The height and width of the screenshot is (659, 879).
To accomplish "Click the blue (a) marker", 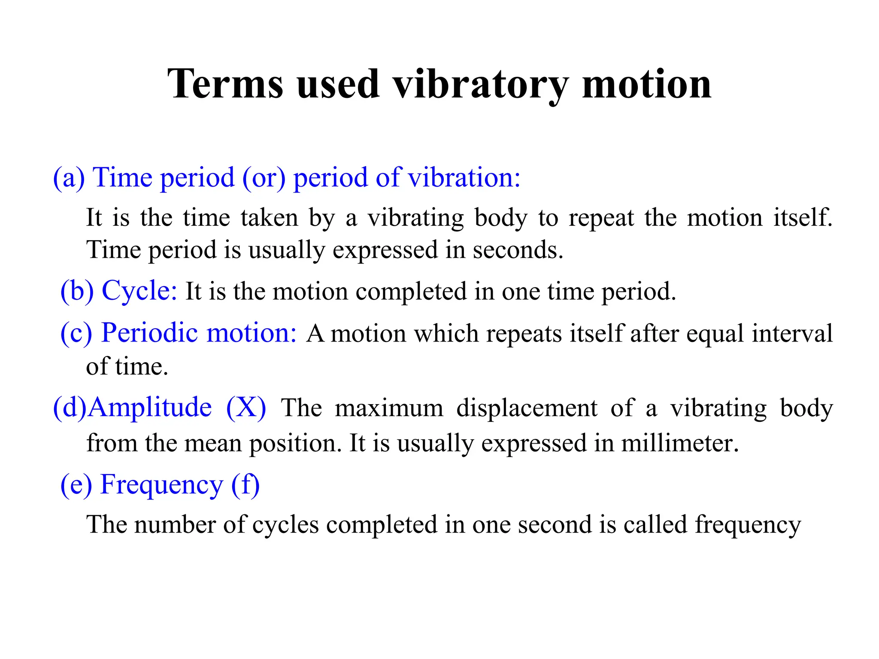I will (x=69, y=178).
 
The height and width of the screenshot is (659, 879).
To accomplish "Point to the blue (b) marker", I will (x=77, y=291).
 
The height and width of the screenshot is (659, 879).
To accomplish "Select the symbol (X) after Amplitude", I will (x=246, y=407).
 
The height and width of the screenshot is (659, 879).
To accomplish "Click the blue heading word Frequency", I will (x=161, y=485).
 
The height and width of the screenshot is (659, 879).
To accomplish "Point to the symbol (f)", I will (x=246, y=485).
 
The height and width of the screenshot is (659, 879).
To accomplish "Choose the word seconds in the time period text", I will (x=518, y=250).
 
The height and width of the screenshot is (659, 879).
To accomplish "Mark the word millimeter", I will (x=680, y=443).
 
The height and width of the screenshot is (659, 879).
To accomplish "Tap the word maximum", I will (x=389, y=408).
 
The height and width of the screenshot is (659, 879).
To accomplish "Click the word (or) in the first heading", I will (x=264, y=178).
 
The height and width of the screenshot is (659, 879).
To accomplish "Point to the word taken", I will (x=269, y=218).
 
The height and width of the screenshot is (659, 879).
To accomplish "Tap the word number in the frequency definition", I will (x=175, y=524).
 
